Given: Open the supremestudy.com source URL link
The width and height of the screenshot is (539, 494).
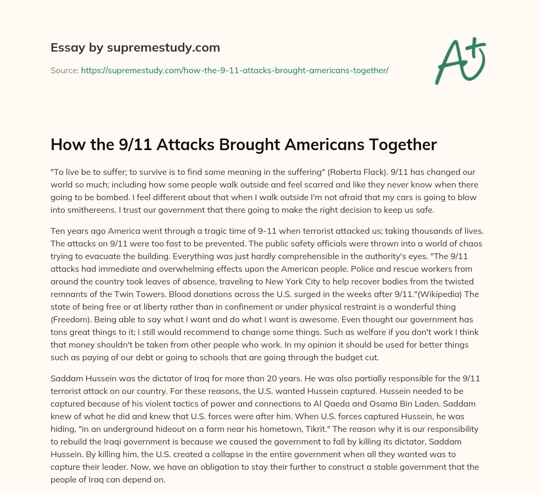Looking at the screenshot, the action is click(x=234, y=70).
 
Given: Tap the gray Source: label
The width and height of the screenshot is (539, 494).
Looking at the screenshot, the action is click(x=65, y=70).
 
